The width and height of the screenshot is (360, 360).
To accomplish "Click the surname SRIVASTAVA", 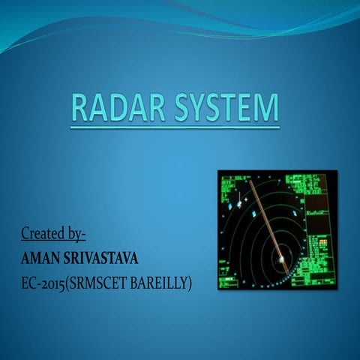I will click(105, 259).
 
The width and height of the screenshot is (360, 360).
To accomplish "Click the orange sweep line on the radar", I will click(265, 217).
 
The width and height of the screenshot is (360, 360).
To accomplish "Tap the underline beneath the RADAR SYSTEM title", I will click(175, 127).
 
